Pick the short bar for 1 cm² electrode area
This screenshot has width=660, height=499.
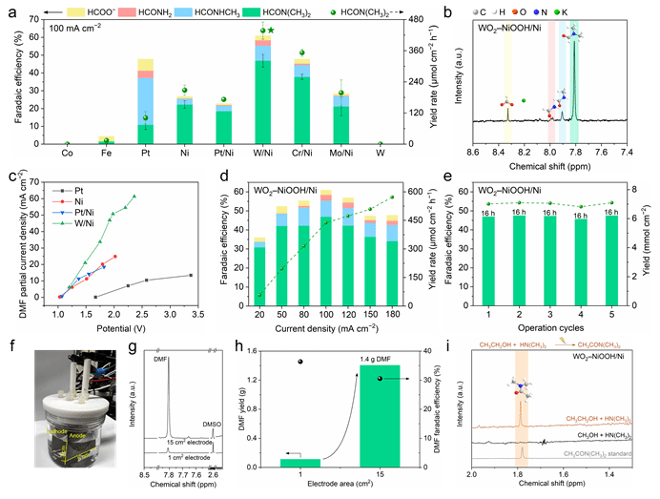pos(299,463)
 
